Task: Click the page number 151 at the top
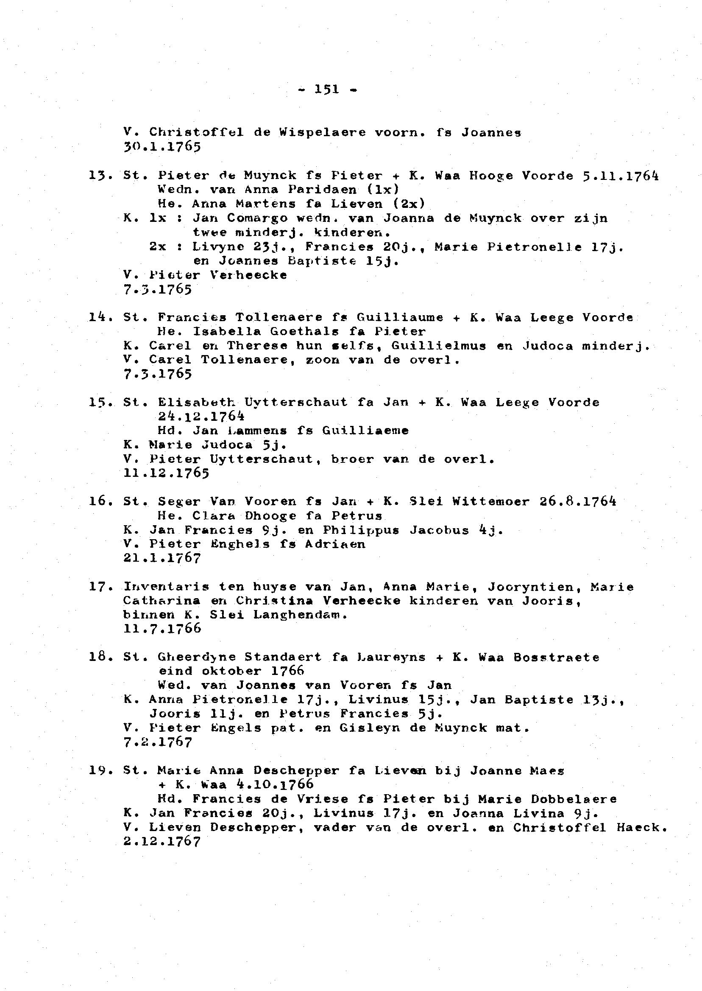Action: point(327,90)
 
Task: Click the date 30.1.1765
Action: point(162,147)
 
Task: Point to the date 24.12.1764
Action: point(201,417)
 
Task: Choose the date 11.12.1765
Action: point(167,473)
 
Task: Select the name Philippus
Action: point(361,530)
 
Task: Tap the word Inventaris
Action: point(167,587)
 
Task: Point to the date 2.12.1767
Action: point(162,841)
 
